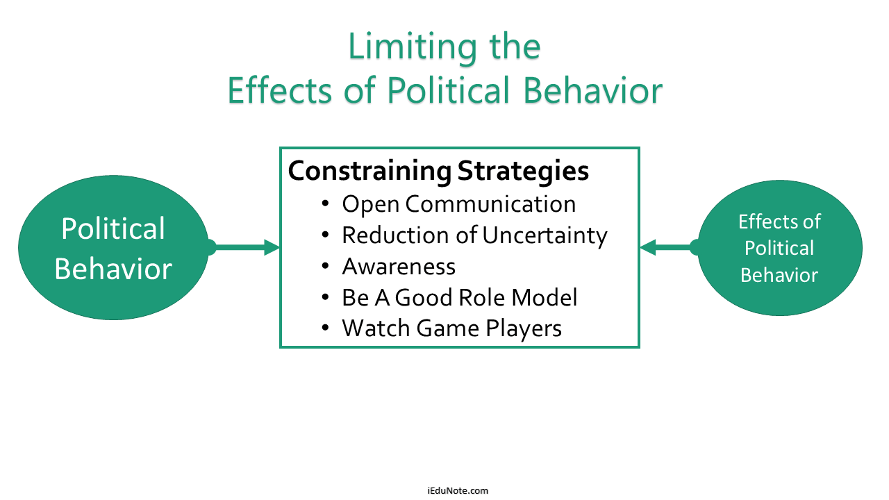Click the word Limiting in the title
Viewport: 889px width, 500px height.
click(412, 48)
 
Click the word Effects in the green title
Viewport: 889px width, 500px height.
click(279, 90)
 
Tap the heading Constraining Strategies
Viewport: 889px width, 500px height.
click(438, 172)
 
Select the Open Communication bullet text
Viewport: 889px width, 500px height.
click(459, 205)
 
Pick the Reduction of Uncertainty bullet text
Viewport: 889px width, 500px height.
click(474, 236)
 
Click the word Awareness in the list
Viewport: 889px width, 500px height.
click(399, 266)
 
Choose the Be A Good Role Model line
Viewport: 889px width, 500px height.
click(460, 297)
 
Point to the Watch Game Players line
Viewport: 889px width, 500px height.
click(451, 328)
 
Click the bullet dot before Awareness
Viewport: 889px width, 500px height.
click(326, 266)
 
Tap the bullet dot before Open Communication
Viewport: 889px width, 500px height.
click(326, 204)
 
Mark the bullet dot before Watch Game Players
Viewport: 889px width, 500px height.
click(326, 328)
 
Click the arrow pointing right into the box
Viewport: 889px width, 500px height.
click(243, 247)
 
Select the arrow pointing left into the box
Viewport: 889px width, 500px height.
click(671, 247)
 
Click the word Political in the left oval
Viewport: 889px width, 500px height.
click(113, 229)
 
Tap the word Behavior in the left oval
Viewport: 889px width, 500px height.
click(113, 269)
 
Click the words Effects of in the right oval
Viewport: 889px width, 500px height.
click(779, 222)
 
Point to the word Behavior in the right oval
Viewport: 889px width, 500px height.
click(779, 275)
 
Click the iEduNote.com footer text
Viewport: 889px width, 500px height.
click(458, 490)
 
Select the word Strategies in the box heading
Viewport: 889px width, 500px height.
click(523, 172)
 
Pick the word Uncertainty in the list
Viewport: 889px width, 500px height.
click(545, 236)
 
